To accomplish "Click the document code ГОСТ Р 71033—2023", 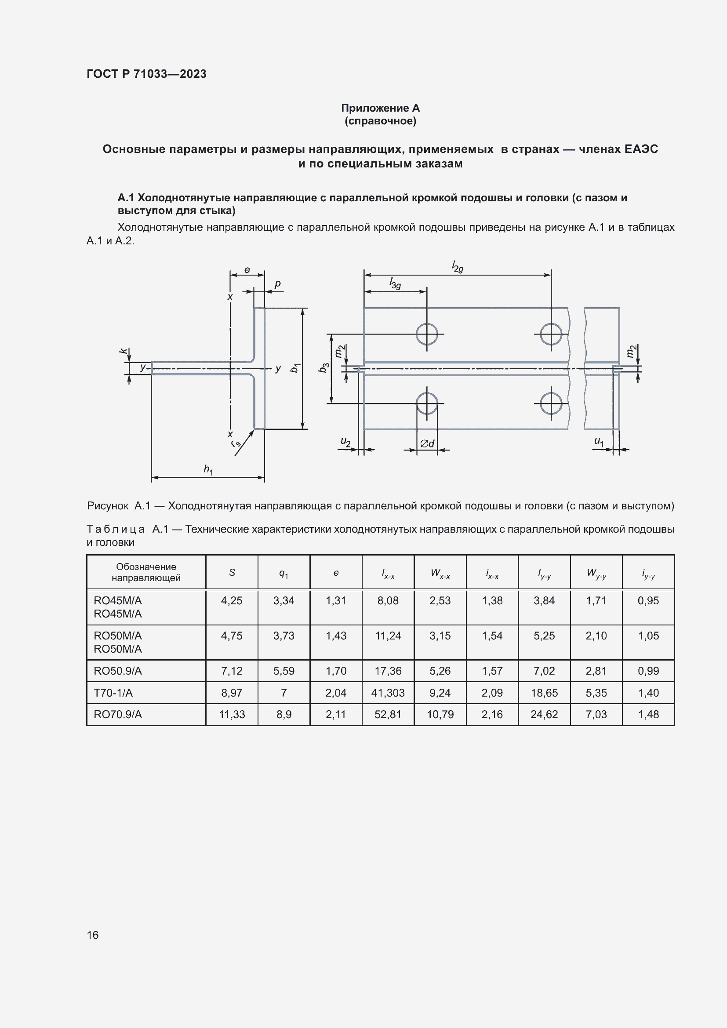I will coord(146,74).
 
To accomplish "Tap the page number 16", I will coord(93,935).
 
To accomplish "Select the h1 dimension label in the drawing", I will coord(209,469).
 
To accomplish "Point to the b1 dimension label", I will coord(294,368).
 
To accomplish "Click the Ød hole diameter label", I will coord(427,443).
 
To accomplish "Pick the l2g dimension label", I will coord(457,267).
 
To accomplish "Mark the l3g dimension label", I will coord(395,283).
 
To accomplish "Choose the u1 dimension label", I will coord(599,441).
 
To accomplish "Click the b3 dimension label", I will coord(324,367).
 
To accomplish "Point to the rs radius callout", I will coord(236,443).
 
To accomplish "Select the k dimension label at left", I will coord(123,351).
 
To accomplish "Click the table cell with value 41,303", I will coord(388,693).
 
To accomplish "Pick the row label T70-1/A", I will coord(113,693).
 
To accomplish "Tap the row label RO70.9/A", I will coord(118,714).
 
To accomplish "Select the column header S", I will coord(232,572).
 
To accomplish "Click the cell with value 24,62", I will coord(544,714).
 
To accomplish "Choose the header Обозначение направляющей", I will coord(146,572).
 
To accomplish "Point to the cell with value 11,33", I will coord(232,714).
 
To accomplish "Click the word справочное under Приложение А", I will coord(380,121).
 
